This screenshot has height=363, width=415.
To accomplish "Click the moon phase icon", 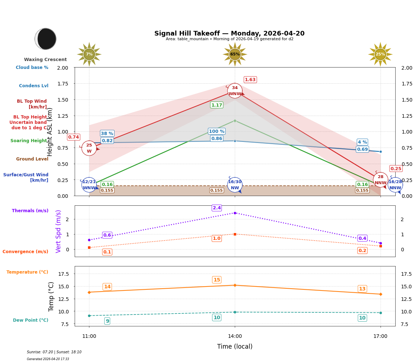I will click(46, 39).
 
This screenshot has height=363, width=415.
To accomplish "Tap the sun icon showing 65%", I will click(235, 54).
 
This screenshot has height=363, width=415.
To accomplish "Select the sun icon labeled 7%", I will click(89, 54).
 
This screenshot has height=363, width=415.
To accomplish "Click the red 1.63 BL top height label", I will click(250, 80).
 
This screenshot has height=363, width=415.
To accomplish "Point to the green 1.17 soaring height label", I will click(217, 105).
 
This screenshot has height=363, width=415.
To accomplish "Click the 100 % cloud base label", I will click(216, 131).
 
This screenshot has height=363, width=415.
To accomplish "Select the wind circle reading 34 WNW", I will click(235, 91).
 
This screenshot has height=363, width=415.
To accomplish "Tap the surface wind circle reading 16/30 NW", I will click(235, 185).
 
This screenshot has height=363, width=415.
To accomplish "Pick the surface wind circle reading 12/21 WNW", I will click(89, 185).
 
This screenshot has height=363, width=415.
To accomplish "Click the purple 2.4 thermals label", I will click(217, 208).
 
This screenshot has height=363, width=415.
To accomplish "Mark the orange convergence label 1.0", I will click(217, 238).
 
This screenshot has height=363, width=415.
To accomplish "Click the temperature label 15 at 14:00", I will click(217, 280).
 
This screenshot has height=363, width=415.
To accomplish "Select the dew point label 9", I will click(107, 321).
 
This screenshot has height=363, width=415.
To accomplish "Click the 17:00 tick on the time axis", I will click(380, 336).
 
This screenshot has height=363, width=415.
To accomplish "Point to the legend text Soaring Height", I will click(29, 141).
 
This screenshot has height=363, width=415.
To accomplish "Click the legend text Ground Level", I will click(32, 159).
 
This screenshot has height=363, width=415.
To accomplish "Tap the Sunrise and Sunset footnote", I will click(54, 352).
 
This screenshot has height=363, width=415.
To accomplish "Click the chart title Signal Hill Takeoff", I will click(229, 33).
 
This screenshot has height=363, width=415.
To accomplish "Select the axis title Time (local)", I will click(235, 346).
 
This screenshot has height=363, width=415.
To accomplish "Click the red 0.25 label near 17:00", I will click(396, 169).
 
